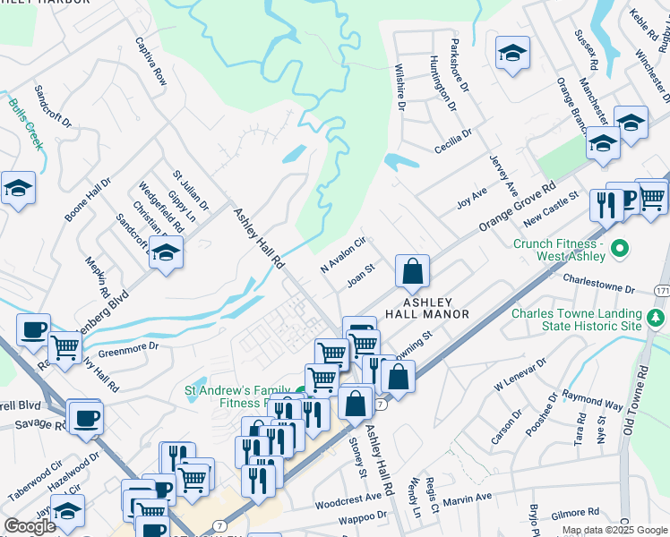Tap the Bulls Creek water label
pyautogui.click(x=26, y=123)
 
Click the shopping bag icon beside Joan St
pyautogui.click(x=412, y=273)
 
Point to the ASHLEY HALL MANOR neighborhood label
pyautogui.click(x=427, y=309)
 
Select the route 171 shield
pyautogui.click(x=661, y=292)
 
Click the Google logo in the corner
pyautogui.click(x=30, y=526)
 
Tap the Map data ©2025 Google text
pyautogui.click(x=614, y=530)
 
